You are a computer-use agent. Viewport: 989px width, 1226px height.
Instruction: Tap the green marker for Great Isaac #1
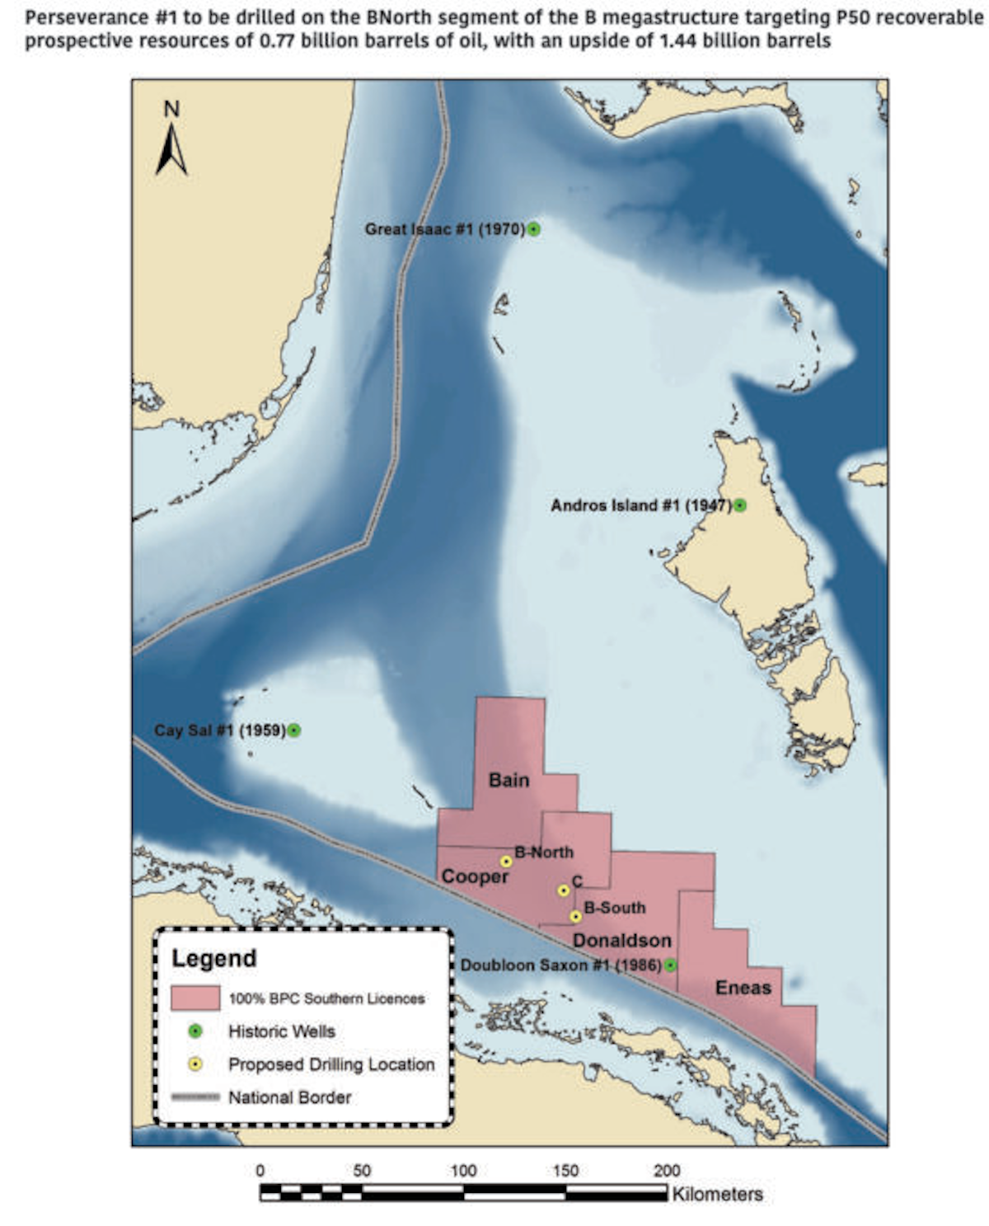coord(534,229)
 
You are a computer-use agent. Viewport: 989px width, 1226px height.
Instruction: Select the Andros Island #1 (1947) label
coord(640,505)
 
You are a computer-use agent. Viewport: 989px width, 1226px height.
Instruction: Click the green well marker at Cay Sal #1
coord(294,730)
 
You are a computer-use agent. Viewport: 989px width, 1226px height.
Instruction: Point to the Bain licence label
coord(509,780)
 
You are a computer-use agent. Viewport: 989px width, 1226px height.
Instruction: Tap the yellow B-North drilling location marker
coord(506,862)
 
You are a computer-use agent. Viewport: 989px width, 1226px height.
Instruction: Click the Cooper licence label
coord(475,876)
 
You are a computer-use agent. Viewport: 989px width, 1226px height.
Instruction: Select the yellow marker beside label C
coord(564,890)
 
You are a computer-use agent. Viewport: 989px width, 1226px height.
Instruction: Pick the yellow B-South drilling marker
coord(575,917)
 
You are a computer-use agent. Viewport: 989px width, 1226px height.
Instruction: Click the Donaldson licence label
coord(621,941)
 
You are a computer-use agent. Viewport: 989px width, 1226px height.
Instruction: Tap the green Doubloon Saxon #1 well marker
coord(671,965)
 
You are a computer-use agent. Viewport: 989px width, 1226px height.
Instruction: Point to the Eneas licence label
coord(743,988)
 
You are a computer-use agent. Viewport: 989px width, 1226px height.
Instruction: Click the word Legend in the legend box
coord(213,959)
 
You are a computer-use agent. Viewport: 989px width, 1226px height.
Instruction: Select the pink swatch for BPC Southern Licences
coord(195,998)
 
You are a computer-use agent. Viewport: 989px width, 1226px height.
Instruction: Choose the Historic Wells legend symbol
coord(195,1031)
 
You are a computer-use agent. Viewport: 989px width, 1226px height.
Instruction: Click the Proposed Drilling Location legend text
coord(330,1064)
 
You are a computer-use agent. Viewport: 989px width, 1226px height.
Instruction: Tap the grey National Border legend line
coord(195,1097)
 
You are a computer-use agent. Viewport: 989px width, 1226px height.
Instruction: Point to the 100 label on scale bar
coord(463,1171)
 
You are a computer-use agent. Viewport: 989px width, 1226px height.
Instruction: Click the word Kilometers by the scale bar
coord(717,1194)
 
